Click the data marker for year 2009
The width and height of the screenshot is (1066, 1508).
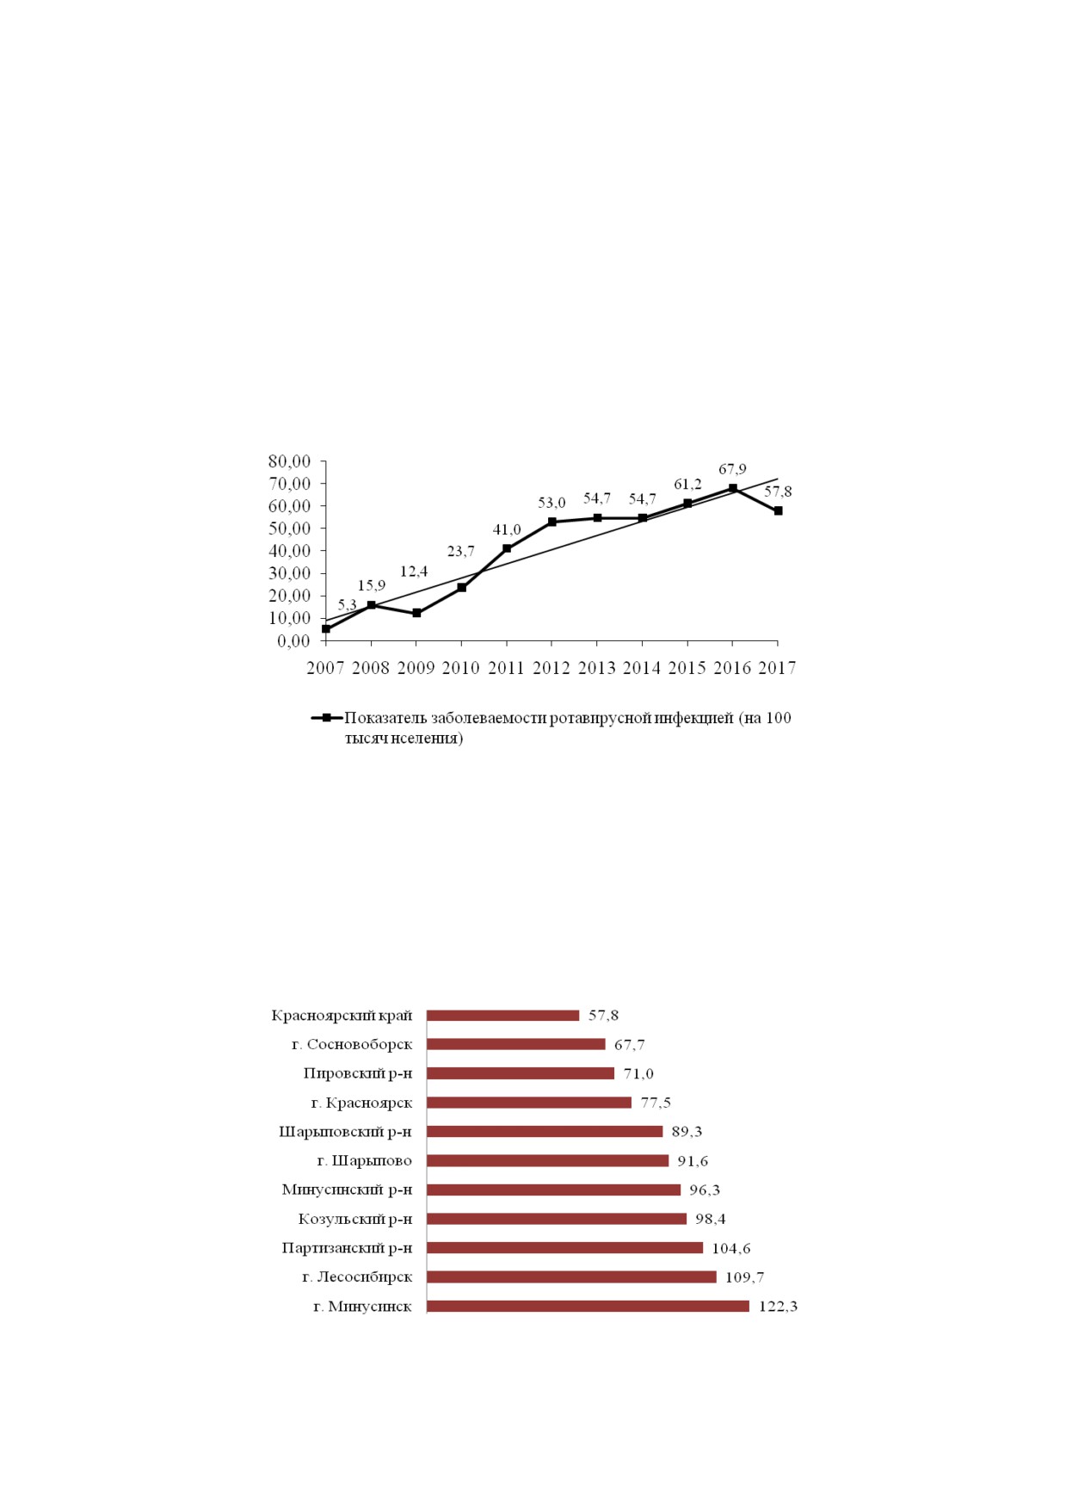(416, 613)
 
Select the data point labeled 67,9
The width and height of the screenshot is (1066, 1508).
(733, 488)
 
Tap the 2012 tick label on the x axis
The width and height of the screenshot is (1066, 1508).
(551, 668)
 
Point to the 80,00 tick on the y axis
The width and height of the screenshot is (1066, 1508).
(289, 461)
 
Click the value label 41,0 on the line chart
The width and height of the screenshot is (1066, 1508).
(507, 530)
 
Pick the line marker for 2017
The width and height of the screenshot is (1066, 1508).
(778, 510)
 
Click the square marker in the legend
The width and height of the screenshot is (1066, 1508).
(327, 717)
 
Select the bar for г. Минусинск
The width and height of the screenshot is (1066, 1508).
(588, 1306)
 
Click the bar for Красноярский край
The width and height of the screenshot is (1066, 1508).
(503, 1015)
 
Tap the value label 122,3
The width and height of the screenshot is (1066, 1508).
(778, 1307)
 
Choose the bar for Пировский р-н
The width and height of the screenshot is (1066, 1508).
(521, 1073)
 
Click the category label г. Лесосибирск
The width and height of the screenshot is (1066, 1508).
(357, 1277)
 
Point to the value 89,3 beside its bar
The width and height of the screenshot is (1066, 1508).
(687, 1132)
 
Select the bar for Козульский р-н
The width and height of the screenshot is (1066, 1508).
(557, 1219)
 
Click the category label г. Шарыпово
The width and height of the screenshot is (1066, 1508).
(365, 1161)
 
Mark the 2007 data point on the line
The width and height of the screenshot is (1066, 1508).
(326, 629)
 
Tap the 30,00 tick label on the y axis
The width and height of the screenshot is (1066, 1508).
(289, 573)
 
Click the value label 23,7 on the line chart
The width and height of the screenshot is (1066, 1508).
(461, 552)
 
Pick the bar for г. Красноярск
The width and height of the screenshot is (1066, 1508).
(529, 1103)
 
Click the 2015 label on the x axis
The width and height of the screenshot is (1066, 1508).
(687, 668)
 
